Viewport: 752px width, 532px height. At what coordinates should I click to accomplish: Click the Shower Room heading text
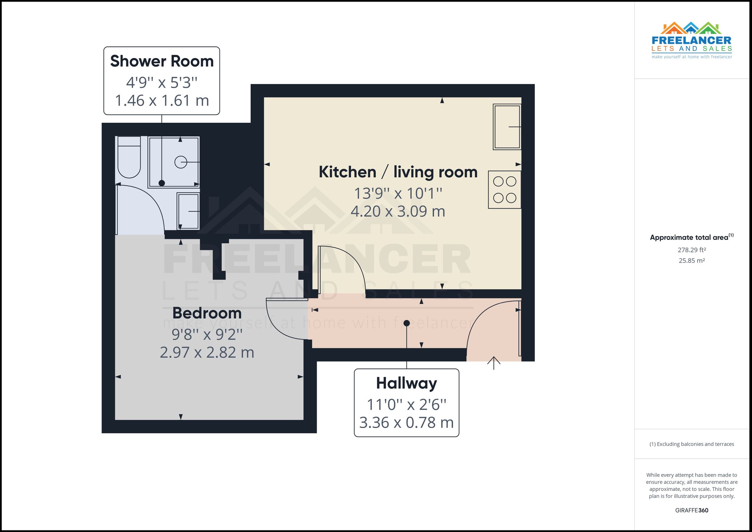coord(162,61)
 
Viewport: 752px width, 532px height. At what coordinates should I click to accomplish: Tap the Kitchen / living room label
coord(398,172)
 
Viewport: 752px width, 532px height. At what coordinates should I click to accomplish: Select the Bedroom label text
coord(207,313)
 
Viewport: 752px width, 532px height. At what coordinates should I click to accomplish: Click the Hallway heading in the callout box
coord(406,383)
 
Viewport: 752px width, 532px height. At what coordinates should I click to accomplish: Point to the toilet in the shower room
coord(129,157)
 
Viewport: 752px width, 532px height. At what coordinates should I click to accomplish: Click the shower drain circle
coord(180,162)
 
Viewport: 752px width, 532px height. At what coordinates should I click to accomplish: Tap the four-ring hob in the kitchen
coord(504,190)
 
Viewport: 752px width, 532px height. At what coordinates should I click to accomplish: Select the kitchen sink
coord(507,127)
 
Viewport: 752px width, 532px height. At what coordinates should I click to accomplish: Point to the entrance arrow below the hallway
coord(494,363)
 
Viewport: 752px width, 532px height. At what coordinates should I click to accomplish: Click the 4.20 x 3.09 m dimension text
coord(398,211)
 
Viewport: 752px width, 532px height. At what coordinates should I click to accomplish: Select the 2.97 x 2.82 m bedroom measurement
coord(207,352)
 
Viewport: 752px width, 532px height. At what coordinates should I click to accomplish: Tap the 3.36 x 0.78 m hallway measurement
coord(406,423)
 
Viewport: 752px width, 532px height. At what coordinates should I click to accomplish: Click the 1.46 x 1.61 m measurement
coord(162,101)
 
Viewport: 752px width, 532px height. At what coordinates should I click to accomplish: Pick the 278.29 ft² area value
coord(692,250)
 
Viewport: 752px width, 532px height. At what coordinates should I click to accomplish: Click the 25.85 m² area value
coord(692,261)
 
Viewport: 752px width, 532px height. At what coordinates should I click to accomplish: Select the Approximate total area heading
coord(692,237)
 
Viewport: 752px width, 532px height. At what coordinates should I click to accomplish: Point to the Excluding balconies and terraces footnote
coord(692,444)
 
